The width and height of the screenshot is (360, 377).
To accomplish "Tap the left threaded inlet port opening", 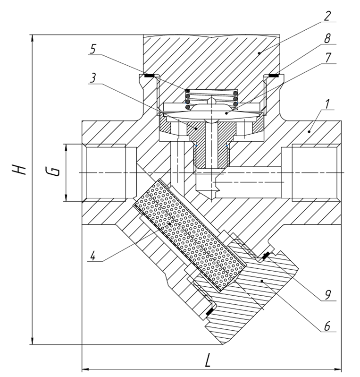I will (x=104, y=173).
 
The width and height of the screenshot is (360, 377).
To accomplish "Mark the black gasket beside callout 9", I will (x=266, y=256).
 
